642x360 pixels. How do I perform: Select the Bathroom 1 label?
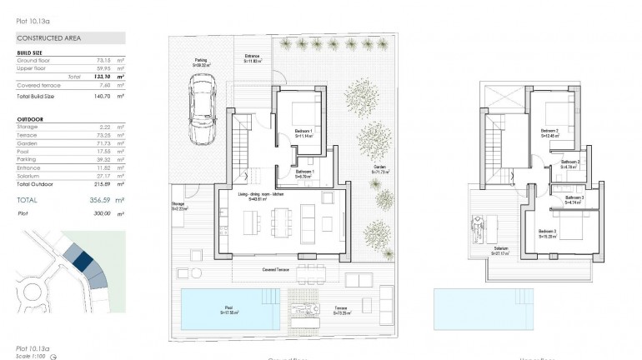tap(304, 174)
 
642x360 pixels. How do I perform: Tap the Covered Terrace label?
tap(277, 270)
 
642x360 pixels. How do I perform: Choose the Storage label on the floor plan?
tap(178, 205)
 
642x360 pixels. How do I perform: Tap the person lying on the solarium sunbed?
tap(479, 226)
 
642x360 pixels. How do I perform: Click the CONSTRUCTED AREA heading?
tap(48, 37)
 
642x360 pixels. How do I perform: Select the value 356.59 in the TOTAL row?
tap(98, 200)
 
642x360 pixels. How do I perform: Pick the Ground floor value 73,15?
tap(103, 61)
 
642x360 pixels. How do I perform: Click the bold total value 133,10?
tap(103, 76)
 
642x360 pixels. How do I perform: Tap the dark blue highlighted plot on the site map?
tap(83, 260)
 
